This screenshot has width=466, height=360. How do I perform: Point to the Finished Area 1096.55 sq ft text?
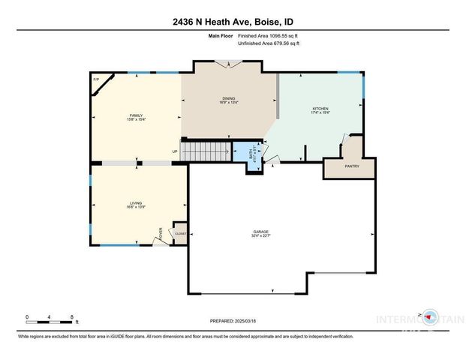click(x=267, y=35)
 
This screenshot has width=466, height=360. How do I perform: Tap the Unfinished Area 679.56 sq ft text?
click(x=269, y=43)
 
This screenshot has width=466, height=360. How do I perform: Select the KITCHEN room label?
click(x=320, y=110)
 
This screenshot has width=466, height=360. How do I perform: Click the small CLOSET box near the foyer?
click(x=181, y=234)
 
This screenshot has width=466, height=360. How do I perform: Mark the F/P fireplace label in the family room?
click(x=96, y=79)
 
